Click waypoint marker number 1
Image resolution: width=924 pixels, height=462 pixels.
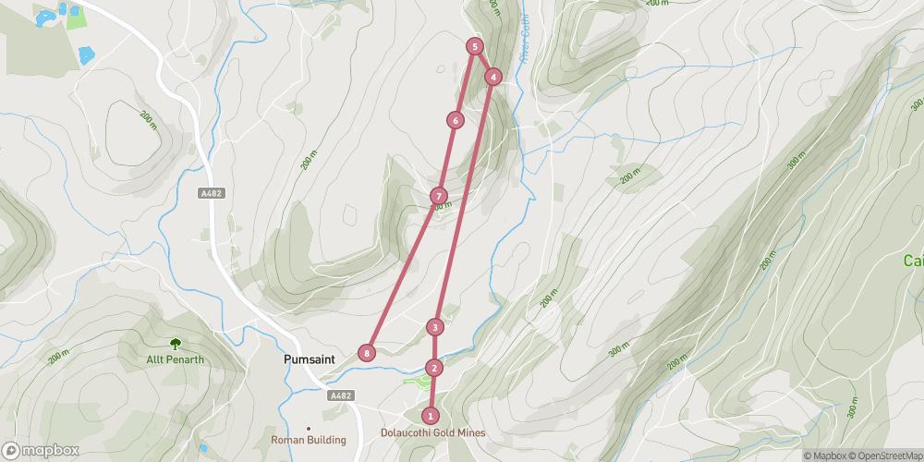click(x=431, y=416)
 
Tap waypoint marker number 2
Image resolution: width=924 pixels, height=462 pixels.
click(x=434, y=368)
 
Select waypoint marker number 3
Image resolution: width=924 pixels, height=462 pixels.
click(x=434, y=327)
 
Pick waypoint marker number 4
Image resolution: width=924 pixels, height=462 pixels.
click(x=493, y=77)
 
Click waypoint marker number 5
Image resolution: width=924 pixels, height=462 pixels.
click(x=474, y=46)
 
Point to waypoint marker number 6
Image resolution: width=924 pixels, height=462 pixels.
click(x=455, y=120)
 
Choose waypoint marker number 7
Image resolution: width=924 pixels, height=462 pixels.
click(x=439, y=196)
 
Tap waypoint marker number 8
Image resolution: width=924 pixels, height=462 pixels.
click(x=368, y=353)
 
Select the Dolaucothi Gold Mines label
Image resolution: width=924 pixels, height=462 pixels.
click(x=432, y=432)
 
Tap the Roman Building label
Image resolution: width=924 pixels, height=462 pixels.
click(x=309, y=441)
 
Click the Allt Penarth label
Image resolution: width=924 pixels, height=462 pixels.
click(x=175, y=359)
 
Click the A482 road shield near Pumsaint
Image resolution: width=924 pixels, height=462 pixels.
click(x=341, y=395)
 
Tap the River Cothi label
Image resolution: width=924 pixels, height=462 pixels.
click(x=526, y=42)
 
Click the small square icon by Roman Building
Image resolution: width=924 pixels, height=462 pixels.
click(x=309, y=428)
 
